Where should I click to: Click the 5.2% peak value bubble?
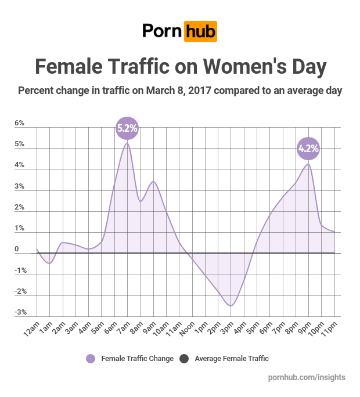click(127, 128)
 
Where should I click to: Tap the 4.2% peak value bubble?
click(308, 149)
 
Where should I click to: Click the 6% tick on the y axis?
click(19, 124)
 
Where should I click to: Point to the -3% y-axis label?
click(19, 313)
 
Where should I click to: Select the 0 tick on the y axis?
click(17, 250)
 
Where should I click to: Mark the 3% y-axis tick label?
click(19, 187)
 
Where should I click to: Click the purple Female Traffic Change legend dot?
click(91, 359)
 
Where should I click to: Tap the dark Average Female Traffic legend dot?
click(184, 359)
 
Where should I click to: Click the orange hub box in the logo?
click(200, 31)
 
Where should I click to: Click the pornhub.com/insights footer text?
click(307, 377)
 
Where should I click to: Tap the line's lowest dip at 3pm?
click(231, 306)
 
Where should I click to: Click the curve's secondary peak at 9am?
click(153, 182)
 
